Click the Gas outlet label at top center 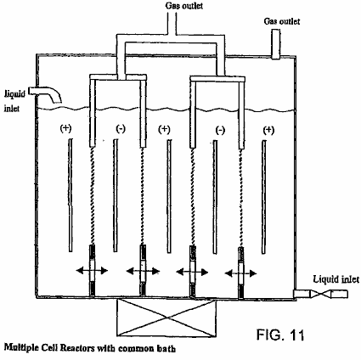click(x=184, y=6)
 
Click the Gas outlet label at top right click(x=282, y=21)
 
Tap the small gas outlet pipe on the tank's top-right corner click(x=276, y=44)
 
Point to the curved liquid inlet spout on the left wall click(x=48, y=93)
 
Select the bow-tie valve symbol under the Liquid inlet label click(x=321, y=294)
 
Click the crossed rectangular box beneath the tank click(x=166, y=318)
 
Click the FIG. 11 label click(x=280, y=335)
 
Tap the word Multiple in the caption click(x=21, y=347)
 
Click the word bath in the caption click(x=166, y=348)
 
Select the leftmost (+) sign click(x=65, y=128)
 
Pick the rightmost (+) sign click(x=268, y=130)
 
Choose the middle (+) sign click(x=164, y=129)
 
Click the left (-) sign click(x=121, y=129)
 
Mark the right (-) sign click(x=220, y=130)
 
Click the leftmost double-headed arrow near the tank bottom click(x=92, y=271)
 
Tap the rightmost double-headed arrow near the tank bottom click(x=240, y=273)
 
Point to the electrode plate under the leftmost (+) click(x=71, y=195)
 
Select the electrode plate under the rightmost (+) click(x=264, y=197)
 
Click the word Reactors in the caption click(x=77, y=347)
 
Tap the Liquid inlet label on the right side click(x=336, y=279)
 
